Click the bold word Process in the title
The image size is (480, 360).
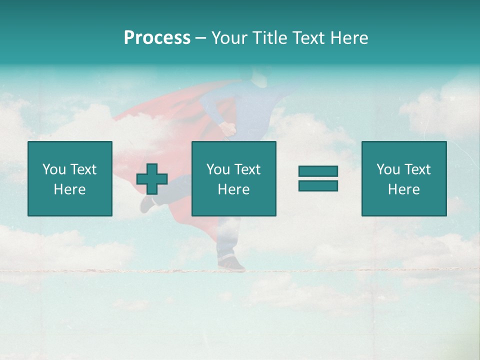click(x=157, y=37)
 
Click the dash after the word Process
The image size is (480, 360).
click(x=200, y=38)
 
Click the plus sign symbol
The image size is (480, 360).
click(x=152, y=179)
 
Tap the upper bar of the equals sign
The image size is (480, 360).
click(x=318, y=171)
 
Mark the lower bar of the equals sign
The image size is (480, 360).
click(x=318, y=185)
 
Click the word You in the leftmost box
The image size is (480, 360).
click(x=54, y=169)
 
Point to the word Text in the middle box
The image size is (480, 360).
click(x=248, y=169)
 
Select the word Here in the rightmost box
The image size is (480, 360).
click(x=403, y=189)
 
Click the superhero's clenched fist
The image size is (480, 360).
click(x=229, y=128)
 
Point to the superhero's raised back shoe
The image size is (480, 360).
click(x=146, y=203)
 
